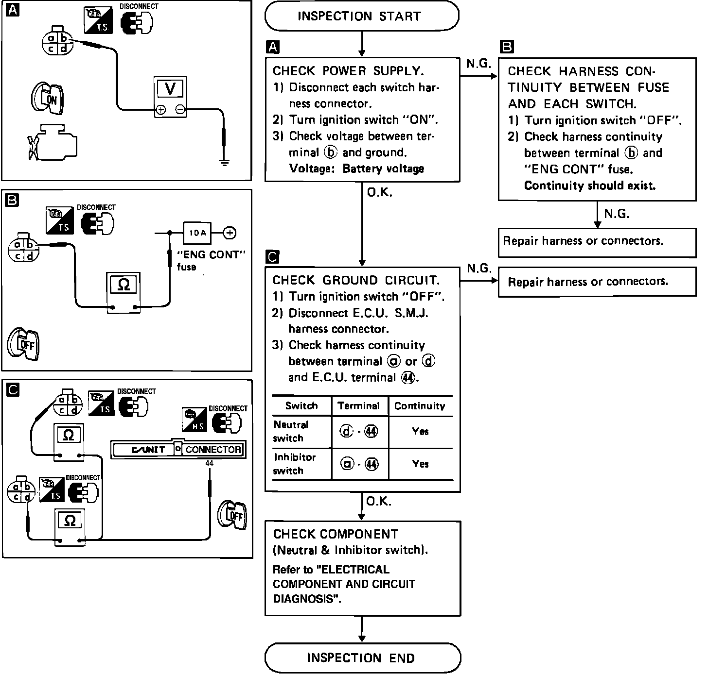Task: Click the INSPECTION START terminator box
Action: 361,16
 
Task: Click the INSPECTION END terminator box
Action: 362,658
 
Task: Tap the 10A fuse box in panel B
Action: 197,233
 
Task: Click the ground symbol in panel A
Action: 224,162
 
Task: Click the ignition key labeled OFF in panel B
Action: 24,344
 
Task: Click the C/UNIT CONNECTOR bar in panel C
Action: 178,450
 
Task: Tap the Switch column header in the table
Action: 301,406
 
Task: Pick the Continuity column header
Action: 420,406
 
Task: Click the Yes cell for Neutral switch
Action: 420,431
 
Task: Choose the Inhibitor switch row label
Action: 295,464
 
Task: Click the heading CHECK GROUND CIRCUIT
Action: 356,280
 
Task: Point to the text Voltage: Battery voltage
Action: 356,168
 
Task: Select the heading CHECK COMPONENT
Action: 336,534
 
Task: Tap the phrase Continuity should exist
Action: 589,185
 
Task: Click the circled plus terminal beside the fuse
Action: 230,233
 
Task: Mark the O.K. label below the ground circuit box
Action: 378,501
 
